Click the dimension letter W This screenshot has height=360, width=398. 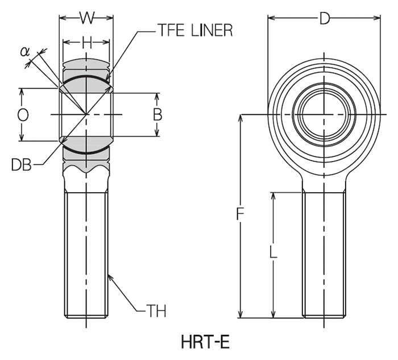tap(86, 18)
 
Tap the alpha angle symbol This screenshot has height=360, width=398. tap(24, 51)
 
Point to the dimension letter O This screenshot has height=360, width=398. tap(23, 115)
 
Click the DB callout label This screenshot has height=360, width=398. tap(21, 165)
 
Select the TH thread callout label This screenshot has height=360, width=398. tap(156, 311)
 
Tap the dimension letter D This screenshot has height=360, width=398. tap(324, 19)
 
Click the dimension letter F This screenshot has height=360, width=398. tap(241, 215)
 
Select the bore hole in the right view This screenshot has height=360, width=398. tap(324, 114)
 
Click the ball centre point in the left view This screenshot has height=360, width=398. tap(86, 114)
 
